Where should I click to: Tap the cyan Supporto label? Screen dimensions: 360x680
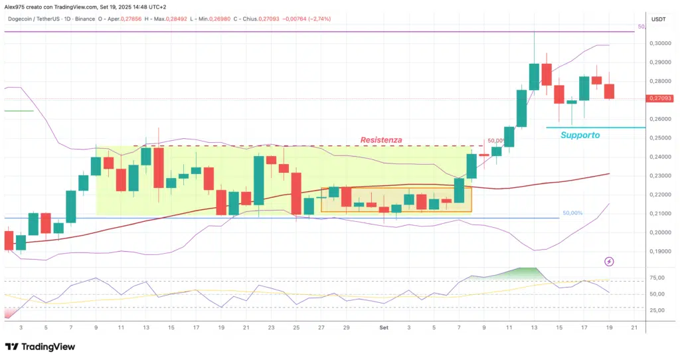[580, 135]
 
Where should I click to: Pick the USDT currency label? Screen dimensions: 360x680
[659, 19]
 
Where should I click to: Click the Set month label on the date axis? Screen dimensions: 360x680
[384, 327]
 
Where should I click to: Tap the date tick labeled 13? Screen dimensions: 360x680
[534, 327]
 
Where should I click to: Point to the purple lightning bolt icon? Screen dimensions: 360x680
[610, 262]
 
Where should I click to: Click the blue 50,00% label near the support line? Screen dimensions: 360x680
[572, 213]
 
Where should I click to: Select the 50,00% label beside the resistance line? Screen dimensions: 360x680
[496, 141]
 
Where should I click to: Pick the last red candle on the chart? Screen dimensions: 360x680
[609, 91]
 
